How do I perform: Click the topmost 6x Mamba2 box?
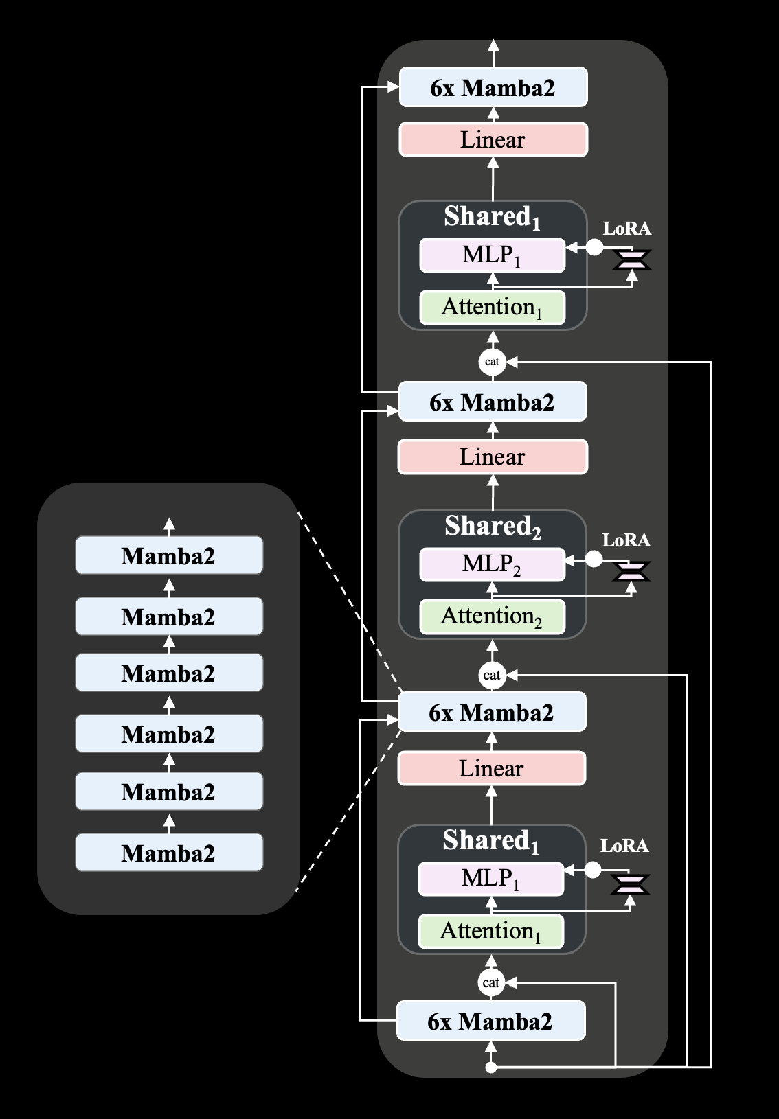coord(493,87)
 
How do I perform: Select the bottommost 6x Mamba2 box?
coord(490,1021)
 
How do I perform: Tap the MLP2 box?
coord(492,564)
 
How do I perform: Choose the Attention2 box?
coord(492,616)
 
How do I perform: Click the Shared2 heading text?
coord(493,527)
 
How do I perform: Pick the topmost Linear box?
coord(493,139)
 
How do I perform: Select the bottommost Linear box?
coord(491,768)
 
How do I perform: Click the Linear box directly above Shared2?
coord(493,457)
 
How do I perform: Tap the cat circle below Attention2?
coord(492,676)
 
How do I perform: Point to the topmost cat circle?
coord(492,362)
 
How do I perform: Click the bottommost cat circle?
coord(490,983)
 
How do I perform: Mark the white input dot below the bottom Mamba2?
coord(490,1068)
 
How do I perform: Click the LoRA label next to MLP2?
coord(626,540)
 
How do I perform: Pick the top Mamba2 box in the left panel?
coord(169,555)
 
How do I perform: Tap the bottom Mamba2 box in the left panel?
coord(169,853)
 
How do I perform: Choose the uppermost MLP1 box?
coord(492,255)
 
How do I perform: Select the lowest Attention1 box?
coord(490,931)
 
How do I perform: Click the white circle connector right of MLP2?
coord(594,560)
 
